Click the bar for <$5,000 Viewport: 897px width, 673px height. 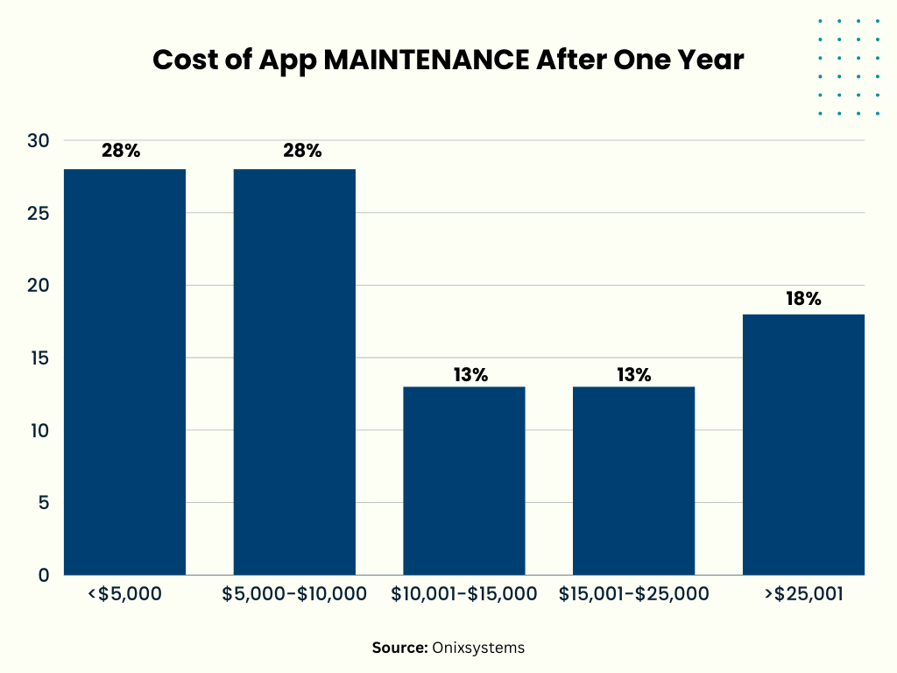click(x=124, y=372)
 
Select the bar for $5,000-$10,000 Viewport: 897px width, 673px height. click(x=294, y=372)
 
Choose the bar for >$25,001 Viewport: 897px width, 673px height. click(x=803, y=444)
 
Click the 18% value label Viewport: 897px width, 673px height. click(x=803, y=299)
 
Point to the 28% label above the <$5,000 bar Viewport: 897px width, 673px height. click(x=121, y=151)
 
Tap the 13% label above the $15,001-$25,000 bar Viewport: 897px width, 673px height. click(x=633, y=375)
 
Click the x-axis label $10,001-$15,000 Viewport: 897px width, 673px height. click(x=464, y=595)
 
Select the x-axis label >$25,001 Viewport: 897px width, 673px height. click(x=803, y=595)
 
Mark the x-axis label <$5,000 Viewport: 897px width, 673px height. click(x=124, y=595)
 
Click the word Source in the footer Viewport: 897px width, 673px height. click(x=399, y=648)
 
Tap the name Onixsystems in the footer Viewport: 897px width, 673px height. click(x=478, y=648)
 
